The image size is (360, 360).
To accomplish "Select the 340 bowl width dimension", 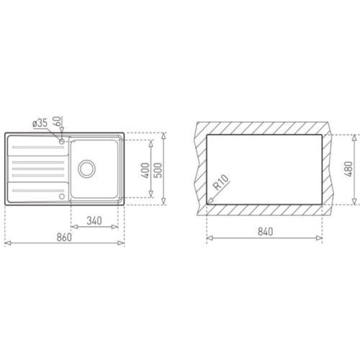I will point(96,220).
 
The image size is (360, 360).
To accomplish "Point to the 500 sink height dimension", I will point(160,170).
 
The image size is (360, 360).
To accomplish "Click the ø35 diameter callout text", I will point(40,124).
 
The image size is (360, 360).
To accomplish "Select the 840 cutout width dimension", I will point(264,232).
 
